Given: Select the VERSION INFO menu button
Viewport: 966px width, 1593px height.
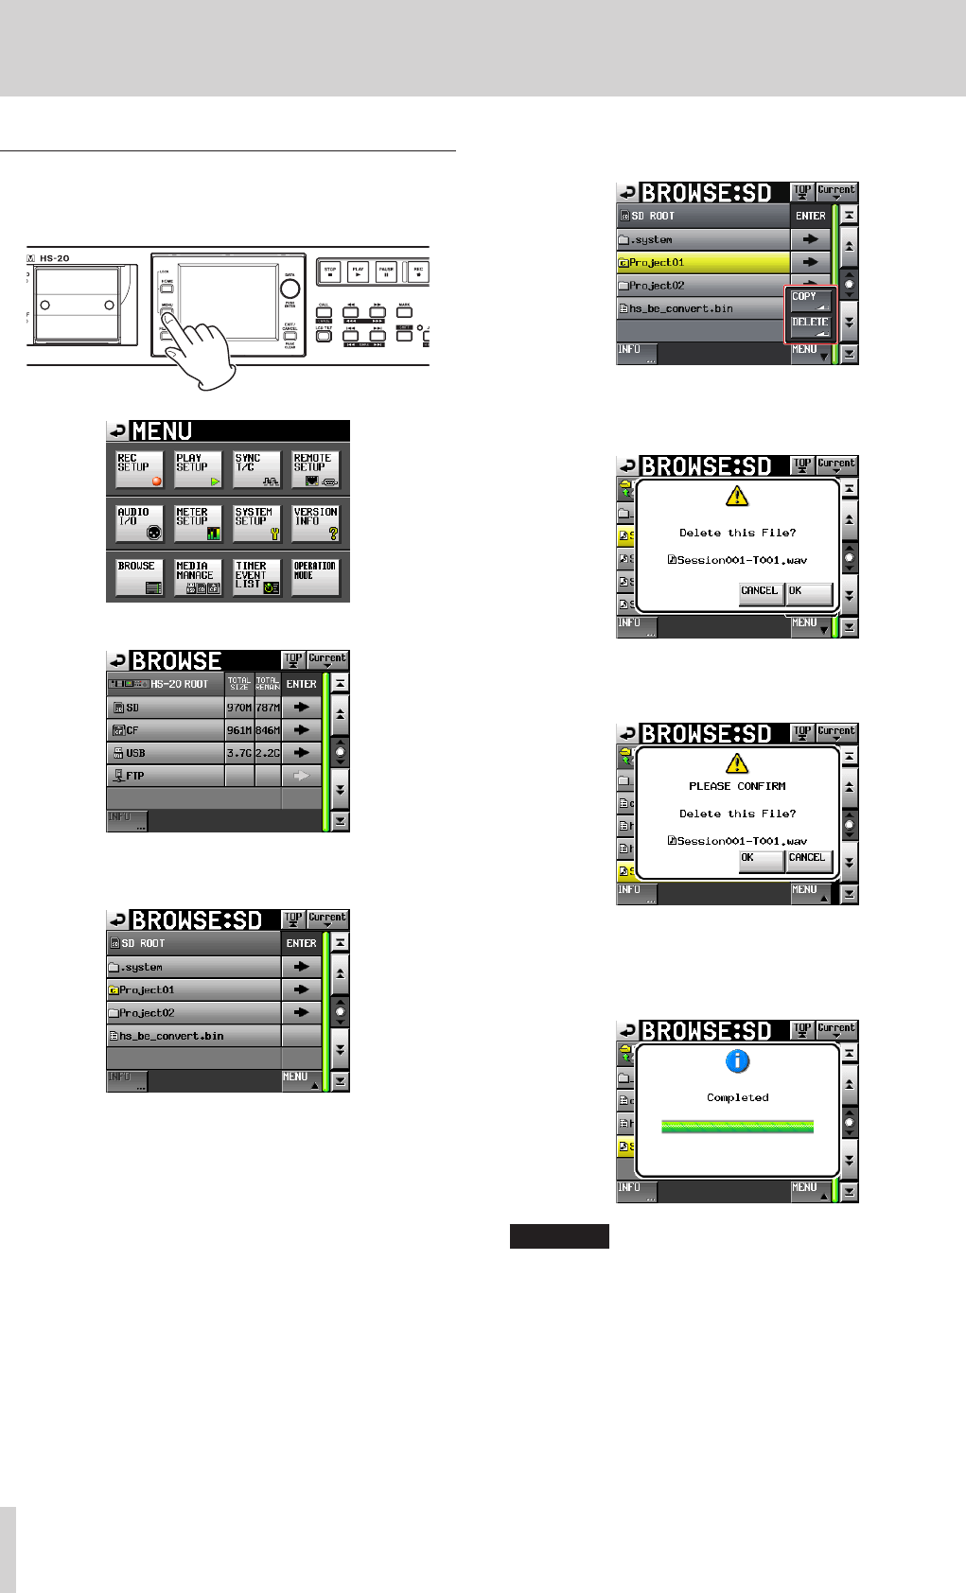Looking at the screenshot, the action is click(x=315, y=522).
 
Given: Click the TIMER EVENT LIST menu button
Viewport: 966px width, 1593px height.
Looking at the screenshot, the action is click(x=256, y=576).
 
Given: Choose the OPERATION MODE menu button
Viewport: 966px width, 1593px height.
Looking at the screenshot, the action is click(x=315, y=576).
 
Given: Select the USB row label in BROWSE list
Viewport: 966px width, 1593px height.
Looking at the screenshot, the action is click(x=166, y=753).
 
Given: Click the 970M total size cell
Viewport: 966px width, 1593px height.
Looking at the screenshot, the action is click(x=239, y=708).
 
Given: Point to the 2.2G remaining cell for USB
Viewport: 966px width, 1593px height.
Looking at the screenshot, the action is click(x=268, y=753).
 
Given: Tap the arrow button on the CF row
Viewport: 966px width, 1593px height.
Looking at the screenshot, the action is click(x=302, y=730).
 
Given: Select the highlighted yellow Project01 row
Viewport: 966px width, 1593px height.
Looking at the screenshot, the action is click(x=703, y=262).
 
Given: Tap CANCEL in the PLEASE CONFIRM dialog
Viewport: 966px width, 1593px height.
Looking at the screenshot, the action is click(x=808, y=860).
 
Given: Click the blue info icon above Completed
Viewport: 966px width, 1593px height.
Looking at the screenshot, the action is click(x=737, y=1061).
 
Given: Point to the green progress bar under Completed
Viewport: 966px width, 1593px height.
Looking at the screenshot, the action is click(x=737, y=1126).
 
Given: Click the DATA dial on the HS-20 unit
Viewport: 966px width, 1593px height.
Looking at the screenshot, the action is click(x=290, y=289).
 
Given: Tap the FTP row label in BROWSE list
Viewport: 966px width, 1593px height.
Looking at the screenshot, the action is click(x=166, y=776).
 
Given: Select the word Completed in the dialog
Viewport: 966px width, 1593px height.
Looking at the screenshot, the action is click(x=737, y=1097).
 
